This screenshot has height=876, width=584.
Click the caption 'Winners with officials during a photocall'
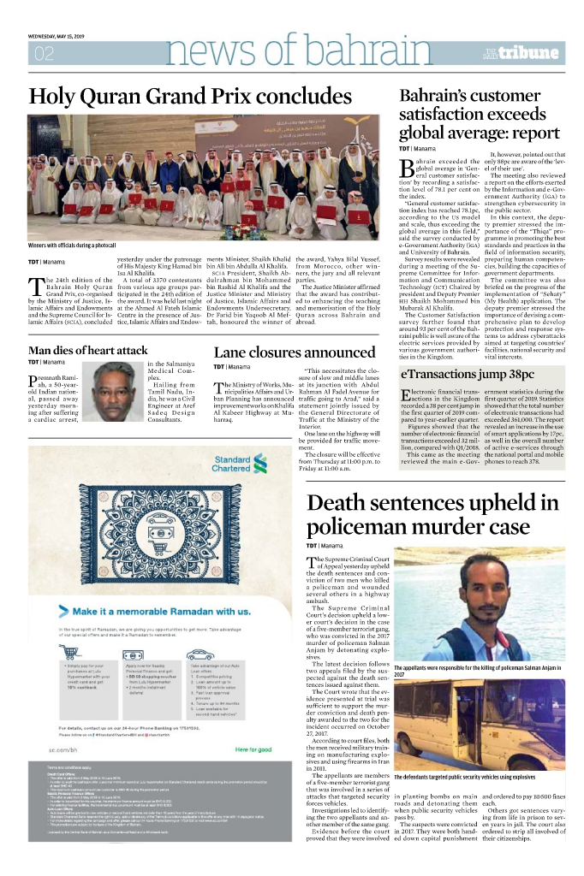pos(84,246)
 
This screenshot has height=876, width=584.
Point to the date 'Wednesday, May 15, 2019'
pos(56,35)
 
